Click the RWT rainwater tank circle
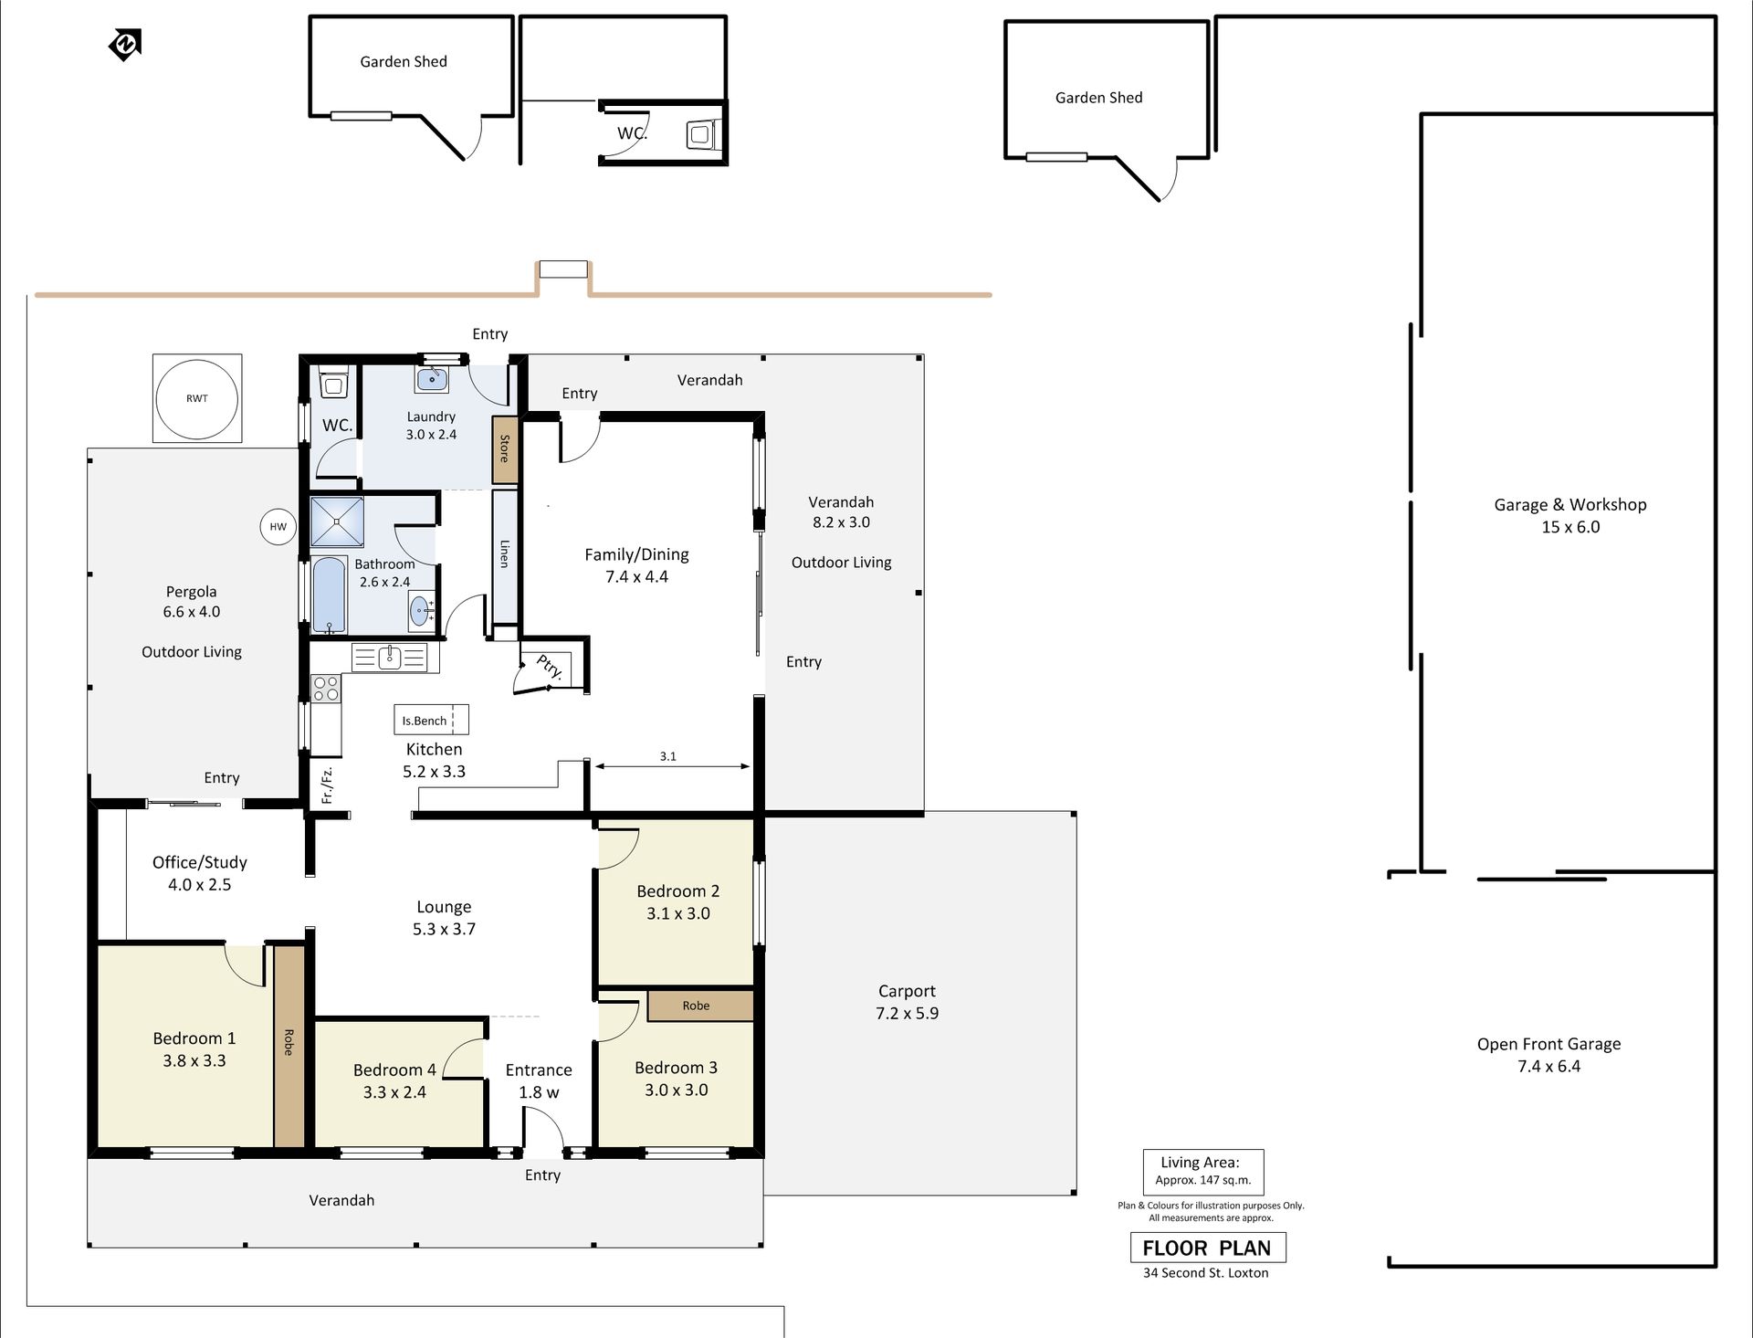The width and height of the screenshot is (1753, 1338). [x=197, y=398]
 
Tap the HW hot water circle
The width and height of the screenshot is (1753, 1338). [x=278, y=526]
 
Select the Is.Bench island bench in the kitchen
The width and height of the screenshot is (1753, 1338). [x=431, y=720]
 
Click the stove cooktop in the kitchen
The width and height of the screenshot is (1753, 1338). [x=326, y=689]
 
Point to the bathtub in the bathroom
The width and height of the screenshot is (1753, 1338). [x=330, y=595]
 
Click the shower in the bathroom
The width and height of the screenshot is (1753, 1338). [x=337, y=522]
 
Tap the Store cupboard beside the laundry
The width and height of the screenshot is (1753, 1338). [x=505, y=449]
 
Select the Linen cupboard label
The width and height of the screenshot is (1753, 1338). [x=505, y=553]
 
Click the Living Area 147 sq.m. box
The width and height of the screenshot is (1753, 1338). [x=1203, y=1171]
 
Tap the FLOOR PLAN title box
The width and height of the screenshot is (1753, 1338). [x=1207, y=1248]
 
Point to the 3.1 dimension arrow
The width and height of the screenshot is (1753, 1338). [x=672, y=766]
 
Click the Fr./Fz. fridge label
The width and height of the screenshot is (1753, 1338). [x=327, y=785]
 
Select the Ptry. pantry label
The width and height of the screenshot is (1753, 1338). [x=550, y=667]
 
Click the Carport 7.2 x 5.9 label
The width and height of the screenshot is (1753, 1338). [x=907, y=1002]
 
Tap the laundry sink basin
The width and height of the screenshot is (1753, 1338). [x=431, y=378]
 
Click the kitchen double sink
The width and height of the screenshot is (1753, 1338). [x=390, y=657]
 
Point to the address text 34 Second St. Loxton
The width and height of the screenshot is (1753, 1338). [x=1205, y=1273]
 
